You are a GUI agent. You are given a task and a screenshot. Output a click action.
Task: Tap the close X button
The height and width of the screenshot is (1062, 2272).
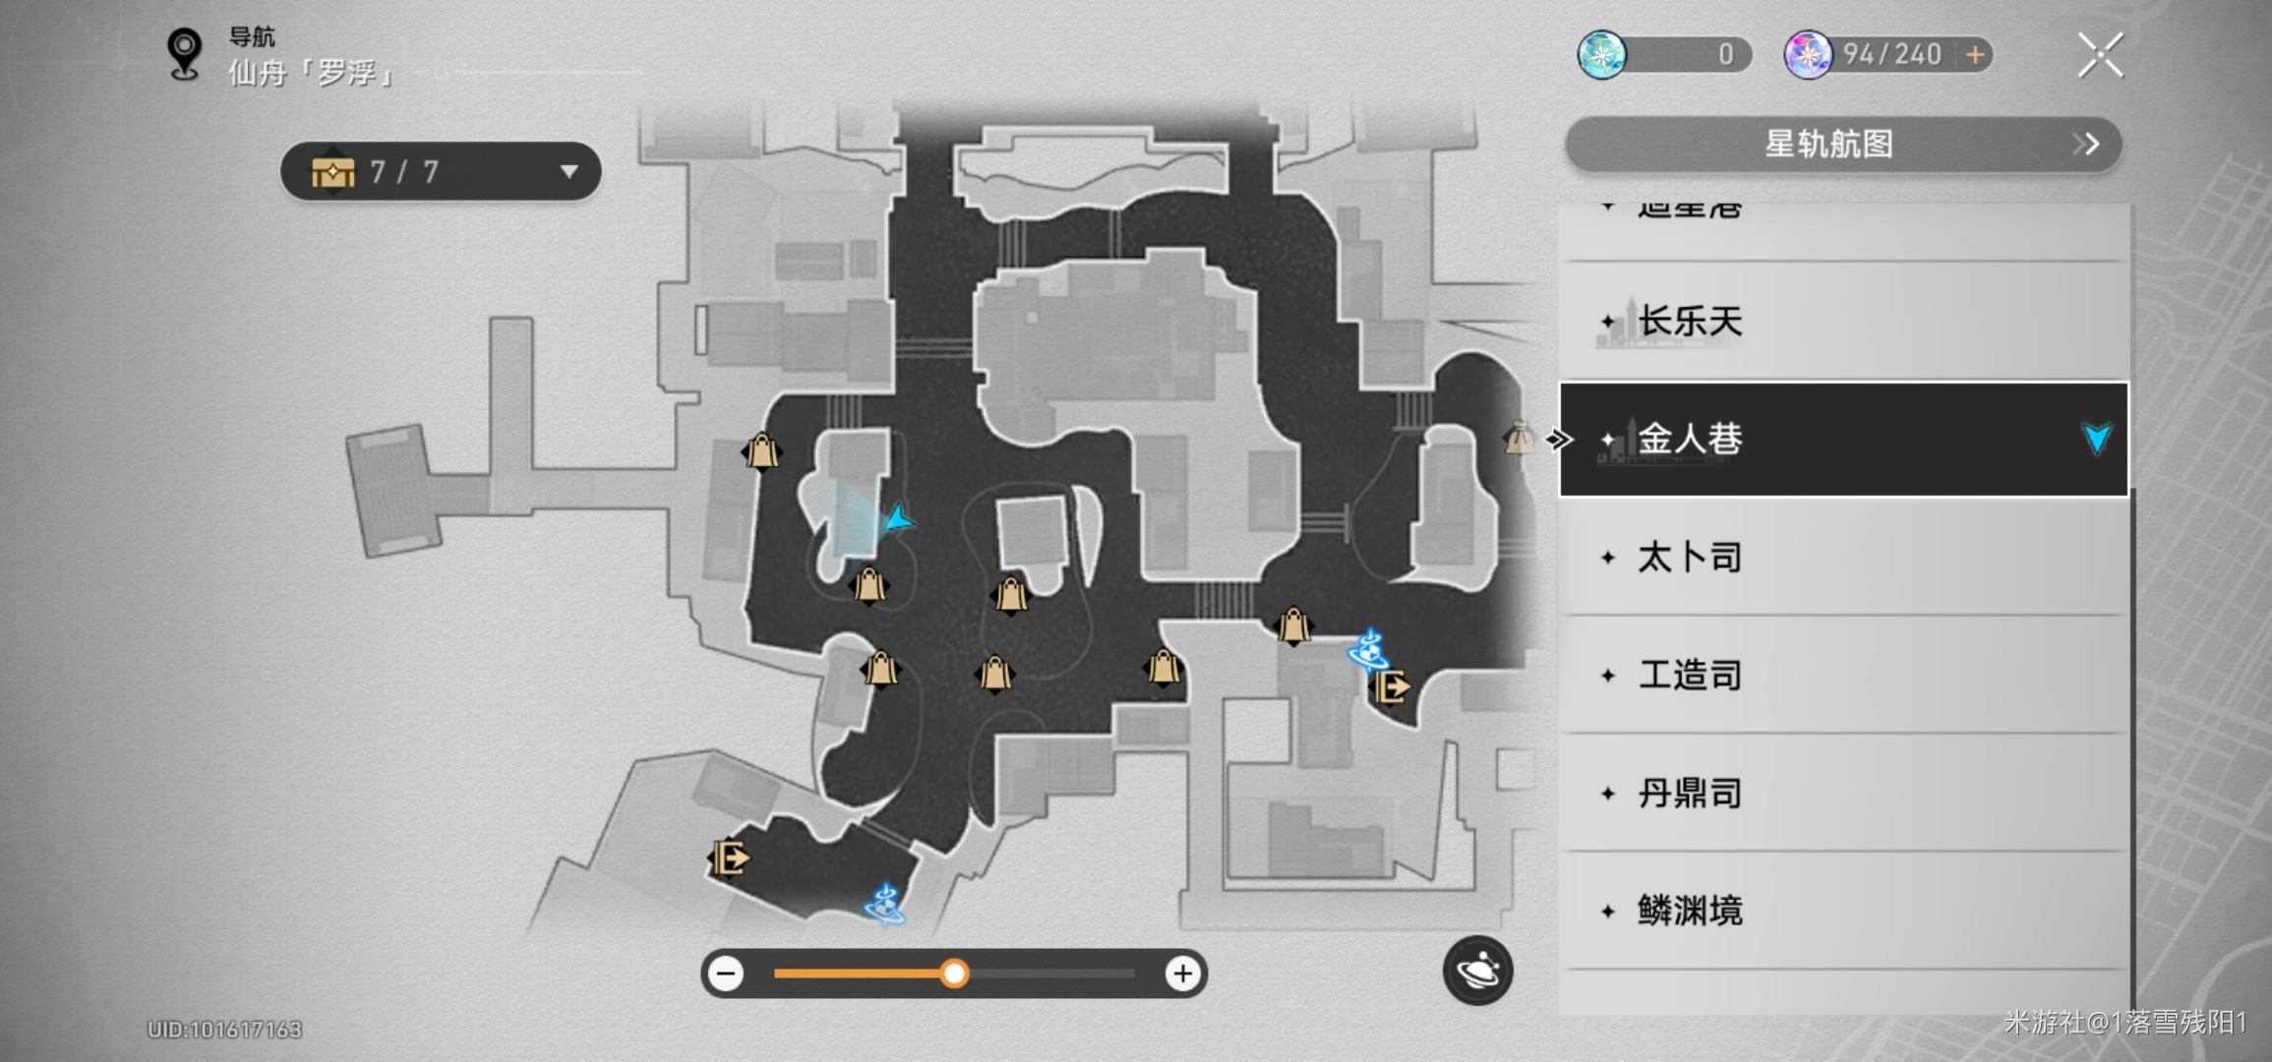2100,55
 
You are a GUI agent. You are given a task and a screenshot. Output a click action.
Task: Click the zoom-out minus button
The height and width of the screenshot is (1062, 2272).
727,973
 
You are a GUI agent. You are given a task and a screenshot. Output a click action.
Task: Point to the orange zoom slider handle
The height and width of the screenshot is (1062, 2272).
953,973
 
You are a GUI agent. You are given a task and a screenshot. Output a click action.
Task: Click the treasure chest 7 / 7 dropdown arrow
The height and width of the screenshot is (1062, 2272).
568,172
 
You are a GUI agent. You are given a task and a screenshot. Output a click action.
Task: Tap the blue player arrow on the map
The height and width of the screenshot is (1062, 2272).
897,518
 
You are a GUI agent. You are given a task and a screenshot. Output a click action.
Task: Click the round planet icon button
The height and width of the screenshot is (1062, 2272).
1477,971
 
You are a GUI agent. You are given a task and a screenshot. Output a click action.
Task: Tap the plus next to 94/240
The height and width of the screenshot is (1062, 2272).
1975,55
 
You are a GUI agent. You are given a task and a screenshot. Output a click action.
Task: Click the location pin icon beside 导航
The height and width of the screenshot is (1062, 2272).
184,53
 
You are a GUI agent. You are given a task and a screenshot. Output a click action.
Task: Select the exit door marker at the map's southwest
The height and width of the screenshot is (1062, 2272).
730,858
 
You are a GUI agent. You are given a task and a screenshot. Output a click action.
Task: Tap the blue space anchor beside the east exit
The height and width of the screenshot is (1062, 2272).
1368,650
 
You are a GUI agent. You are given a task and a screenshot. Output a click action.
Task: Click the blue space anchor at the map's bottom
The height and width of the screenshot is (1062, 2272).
885,905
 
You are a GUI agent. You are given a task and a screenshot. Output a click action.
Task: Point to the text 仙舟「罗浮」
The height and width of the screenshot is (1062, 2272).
311,73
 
